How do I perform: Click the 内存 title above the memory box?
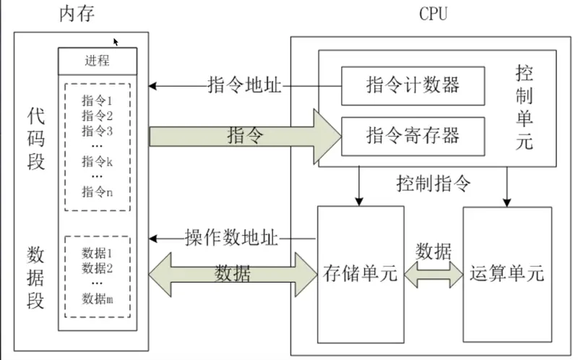77,14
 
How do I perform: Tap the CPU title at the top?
433,14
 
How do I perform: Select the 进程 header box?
98,61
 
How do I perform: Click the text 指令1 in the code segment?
97,100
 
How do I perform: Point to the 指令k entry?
97,161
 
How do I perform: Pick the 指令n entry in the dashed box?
97,192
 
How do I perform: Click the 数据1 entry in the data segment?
97,253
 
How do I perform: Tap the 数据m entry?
98,299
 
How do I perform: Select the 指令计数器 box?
413,86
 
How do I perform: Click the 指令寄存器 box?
413,137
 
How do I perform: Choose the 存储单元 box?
361,275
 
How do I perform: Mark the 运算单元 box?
507,275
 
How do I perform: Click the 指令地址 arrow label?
244,85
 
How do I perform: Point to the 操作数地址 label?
231,238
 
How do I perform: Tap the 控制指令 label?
433,184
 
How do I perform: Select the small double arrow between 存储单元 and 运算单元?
433,275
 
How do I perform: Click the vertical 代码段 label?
35,139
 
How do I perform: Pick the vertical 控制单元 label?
525,107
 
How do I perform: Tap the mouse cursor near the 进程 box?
116,42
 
